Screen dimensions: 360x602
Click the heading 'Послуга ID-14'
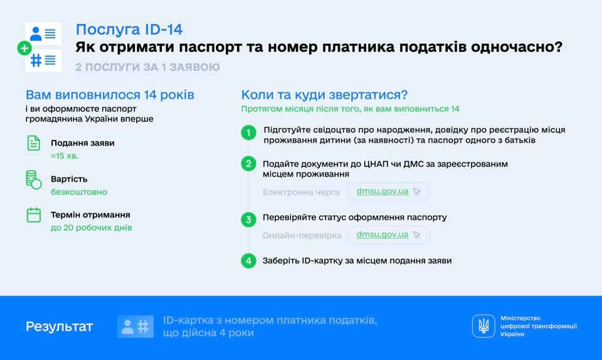129,29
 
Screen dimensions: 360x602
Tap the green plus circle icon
24,48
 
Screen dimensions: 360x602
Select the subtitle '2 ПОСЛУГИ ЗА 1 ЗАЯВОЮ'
147,66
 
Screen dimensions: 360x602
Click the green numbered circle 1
249,133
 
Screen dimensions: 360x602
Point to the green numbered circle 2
249,164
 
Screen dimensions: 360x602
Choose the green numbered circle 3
249,220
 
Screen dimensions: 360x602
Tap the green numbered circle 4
249,260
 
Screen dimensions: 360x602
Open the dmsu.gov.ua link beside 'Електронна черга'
382,191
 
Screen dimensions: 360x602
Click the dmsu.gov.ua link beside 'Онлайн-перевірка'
382,235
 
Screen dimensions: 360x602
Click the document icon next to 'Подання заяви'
34,143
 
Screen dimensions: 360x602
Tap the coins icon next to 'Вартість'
34,179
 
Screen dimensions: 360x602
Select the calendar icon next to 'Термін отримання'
34,214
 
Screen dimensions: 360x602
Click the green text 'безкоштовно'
79,191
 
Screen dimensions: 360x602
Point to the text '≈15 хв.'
65,155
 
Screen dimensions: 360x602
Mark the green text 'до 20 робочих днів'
91,227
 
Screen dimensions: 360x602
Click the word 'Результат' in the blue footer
59,326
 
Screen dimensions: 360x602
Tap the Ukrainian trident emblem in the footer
483,326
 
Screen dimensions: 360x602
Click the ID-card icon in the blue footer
135,326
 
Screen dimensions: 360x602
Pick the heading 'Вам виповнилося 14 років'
110,95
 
